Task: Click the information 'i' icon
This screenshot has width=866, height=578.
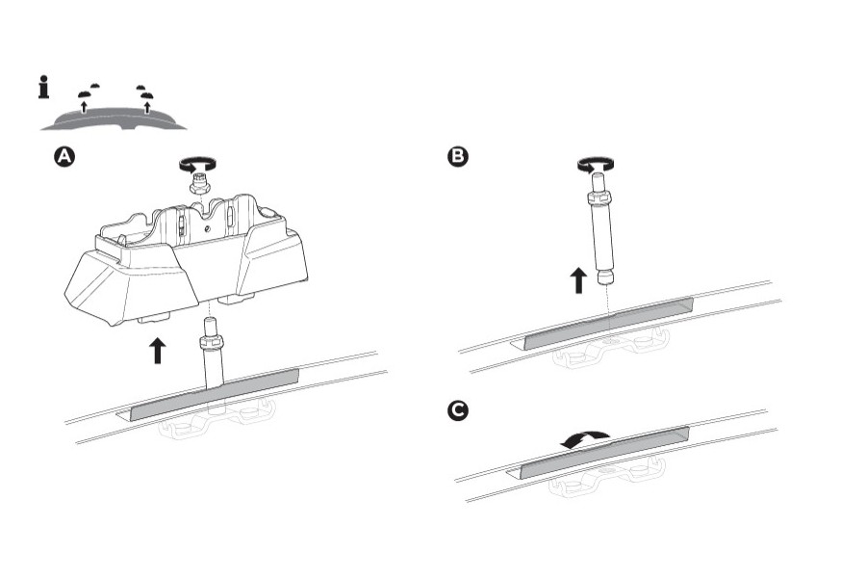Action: pos(43,89)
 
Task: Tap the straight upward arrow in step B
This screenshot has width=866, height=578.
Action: pos(577,280)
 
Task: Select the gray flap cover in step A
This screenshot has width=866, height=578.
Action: pos(215,393)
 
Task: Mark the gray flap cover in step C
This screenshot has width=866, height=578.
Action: pos(604,450)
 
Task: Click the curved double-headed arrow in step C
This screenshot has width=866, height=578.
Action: pos(585,439)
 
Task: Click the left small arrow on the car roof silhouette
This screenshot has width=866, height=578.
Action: pos(85,104)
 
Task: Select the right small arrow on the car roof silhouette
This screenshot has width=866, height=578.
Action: pos(146,104)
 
